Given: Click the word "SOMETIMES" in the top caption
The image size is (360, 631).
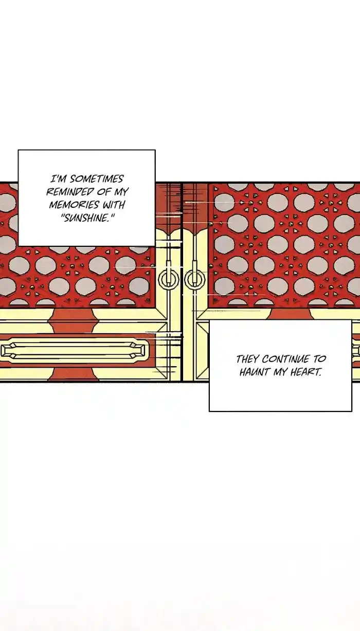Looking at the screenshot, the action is pos(97,179).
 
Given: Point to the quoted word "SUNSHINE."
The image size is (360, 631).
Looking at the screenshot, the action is pos(87,218).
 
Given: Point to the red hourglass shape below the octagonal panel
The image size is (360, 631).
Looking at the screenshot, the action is pos(73,374).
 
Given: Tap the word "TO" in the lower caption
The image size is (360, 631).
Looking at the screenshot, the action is pos(319,359).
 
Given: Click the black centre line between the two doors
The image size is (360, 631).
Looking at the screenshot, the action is pos(182,282).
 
